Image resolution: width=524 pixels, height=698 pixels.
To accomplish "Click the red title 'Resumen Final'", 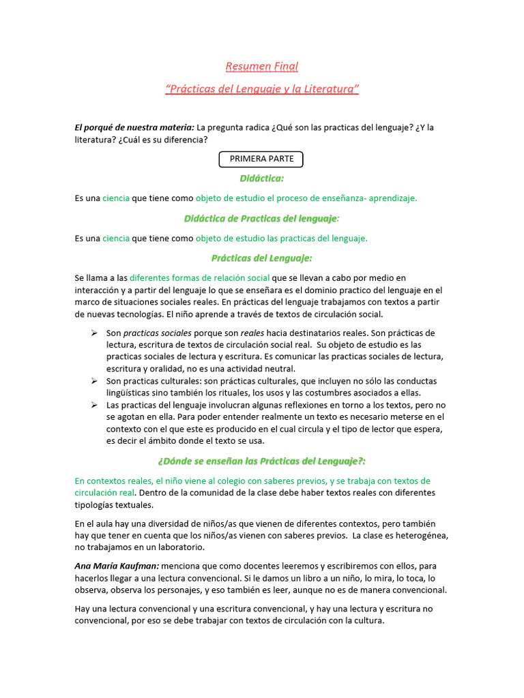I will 262,67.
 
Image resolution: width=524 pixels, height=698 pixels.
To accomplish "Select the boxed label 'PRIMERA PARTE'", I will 261,159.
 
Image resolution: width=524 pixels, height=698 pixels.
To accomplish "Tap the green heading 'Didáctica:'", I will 261,179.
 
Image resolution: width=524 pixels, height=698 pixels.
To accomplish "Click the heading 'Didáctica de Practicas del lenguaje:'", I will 261,218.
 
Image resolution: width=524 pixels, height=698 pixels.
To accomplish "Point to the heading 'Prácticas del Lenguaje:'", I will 261,258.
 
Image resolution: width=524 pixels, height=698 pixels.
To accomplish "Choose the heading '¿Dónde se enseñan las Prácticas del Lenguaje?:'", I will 261,461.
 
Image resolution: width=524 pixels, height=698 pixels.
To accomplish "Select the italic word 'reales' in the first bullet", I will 252,333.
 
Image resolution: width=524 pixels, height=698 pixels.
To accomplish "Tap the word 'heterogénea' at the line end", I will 420,535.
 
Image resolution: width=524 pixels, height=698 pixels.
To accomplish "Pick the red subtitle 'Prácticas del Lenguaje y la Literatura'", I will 262,89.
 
